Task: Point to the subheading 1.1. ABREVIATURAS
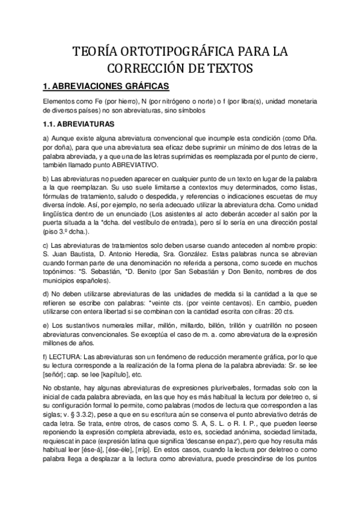(78, 125)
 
